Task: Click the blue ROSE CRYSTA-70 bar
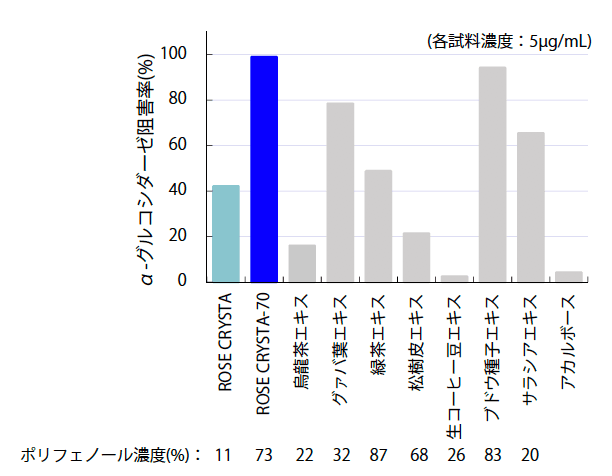[264, 169]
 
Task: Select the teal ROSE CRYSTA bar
[226, 233]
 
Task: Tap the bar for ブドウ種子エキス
[492, 174]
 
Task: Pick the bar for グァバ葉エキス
[340, 192]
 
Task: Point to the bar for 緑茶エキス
[378, 226]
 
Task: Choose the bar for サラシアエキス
[530, 207]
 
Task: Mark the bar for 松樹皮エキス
[416, 257]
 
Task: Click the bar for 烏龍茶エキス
[302, 263]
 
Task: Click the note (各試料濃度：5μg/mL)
[508, 41]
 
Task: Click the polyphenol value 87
[379, 455]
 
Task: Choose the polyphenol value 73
[264, 455]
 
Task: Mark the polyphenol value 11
[225, 455]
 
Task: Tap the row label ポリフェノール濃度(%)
[111, 455]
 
